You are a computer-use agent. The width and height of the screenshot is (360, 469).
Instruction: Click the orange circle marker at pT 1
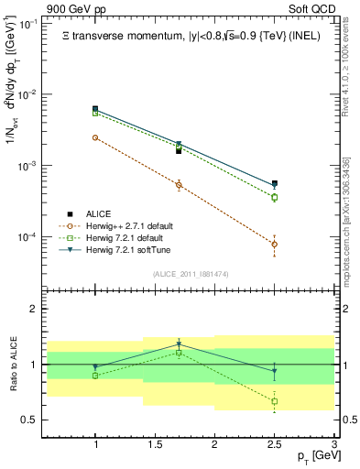(95, 137)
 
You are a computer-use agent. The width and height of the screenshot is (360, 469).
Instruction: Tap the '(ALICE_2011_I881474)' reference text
(191, 273)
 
